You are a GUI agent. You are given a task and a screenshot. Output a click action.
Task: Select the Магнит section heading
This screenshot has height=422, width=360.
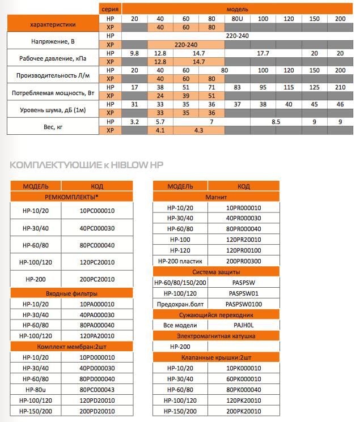[x=216, y=196]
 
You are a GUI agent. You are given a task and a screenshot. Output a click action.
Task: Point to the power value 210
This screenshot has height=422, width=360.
[x=340, y=87]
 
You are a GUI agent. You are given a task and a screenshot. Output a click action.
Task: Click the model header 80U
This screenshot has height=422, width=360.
[x=237, y=19]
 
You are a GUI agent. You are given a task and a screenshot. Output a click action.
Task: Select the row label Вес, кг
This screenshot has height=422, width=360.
[x=52, y=126]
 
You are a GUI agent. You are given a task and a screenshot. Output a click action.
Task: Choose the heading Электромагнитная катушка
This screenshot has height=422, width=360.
[x=216, y=336]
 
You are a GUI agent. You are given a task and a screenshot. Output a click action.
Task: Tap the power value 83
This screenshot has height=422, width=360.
[x=237, y=87]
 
